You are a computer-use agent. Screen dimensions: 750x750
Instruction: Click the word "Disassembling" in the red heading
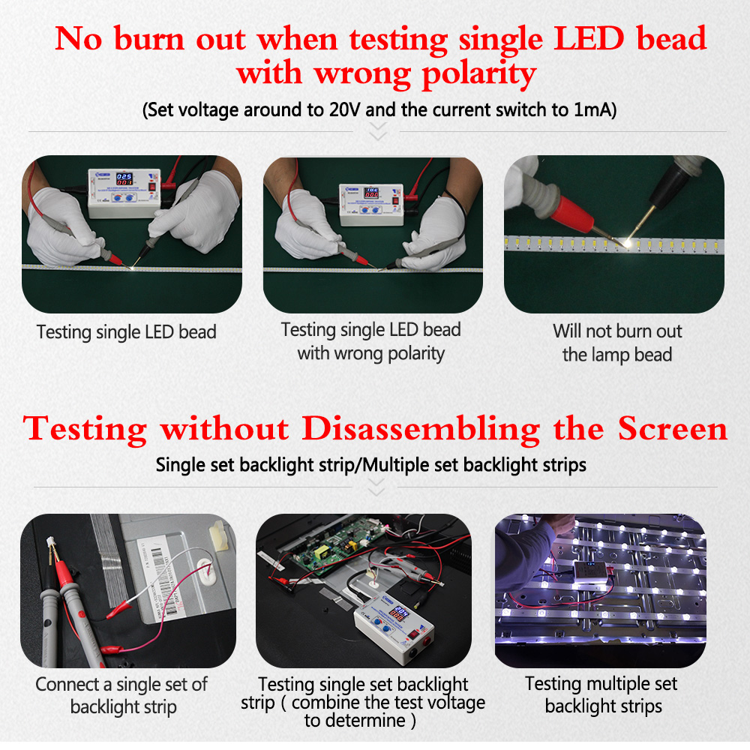(x=421, y=428)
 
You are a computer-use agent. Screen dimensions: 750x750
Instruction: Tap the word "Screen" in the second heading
(x=673, y=428)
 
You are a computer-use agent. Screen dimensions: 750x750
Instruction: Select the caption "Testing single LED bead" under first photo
(x=127, y=332)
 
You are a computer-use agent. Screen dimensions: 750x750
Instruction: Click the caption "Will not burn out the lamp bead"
(x=617, y=343)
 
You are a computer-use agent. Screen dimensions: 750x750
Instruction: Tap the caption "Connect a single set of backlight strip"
(x=122, y=695)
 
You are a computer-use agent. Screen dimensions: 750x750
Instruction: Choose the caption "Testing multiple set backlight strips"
(x=601, y=694)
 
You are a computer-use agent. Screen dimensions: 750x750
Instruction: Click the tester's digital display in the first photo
(x=124, y=179)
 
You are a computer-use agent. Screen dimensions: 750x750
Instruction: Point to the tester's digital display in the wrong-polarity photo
(x=372, y=193)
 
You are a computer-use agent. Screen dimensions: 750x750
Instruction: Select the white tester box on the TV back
(x=394, y=625)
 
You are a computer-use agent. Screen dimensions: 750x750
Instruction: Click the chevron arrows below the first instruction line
(x=378, y=131)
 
